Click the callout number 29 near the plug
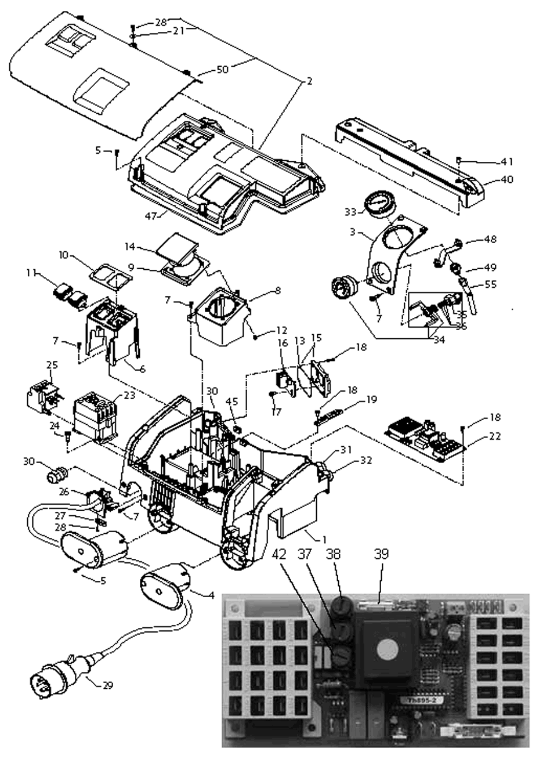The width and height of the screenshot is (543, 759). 107,685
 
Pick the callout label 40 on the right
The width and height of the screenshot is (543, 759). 506,180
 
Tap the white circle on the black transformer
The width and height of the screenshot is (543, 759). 386,650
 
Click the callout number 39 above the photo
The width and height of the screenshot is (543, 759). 381,554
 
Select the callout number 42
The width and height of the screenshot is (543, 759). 279,554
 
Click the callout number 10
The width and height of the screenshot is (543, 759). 64,255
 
